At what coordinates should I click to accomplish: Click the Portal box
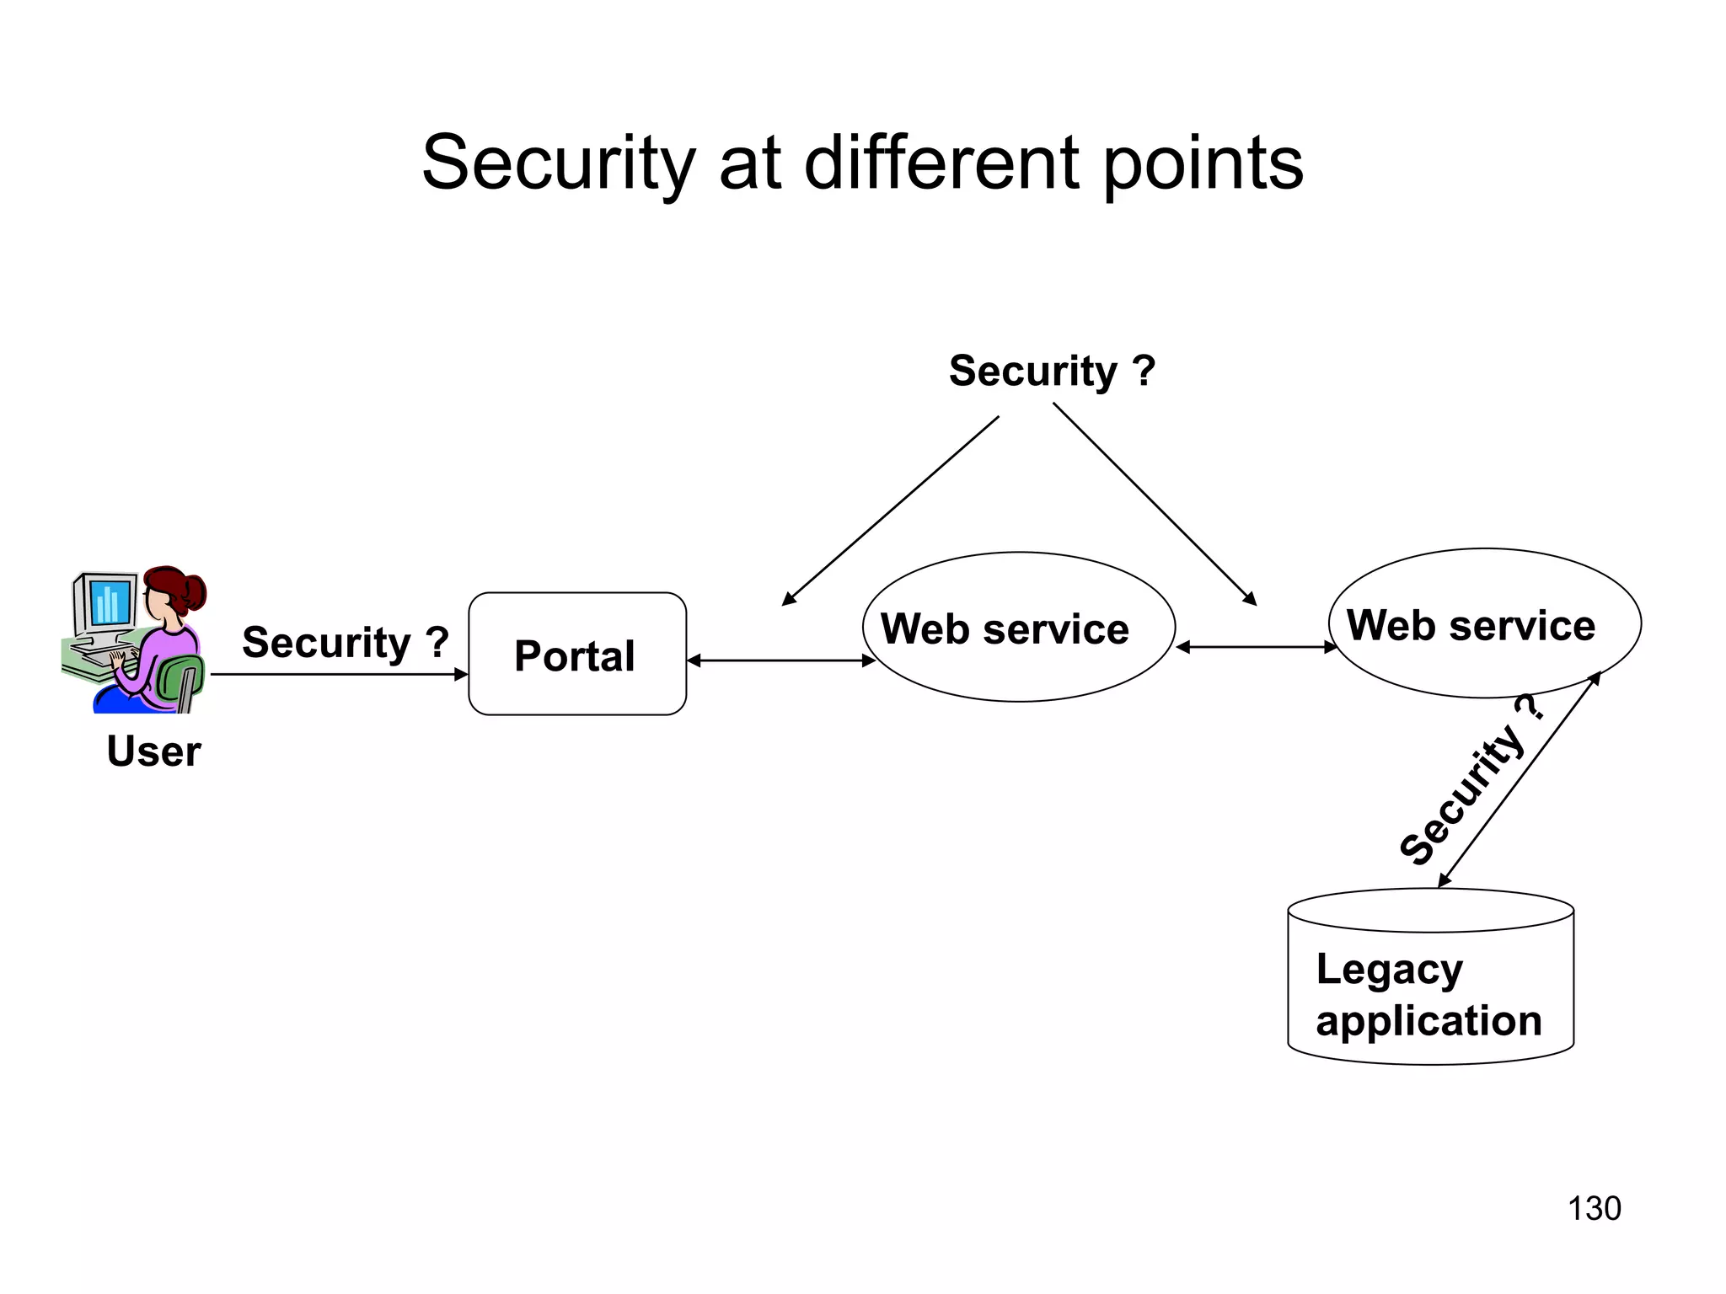(x=577, y=654)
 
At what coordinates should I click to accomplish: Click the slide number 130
(x=1594, y=1208)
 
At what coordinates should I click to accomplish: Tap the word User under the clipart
(x=153, y=751)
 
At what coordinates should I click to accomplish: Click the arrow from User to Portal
(x=337, y=674)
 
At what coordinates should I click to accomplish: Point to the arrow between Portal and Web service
(x=780, y=660)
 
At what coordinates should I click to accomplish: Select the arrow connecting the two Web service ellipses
(x=1256, y=647)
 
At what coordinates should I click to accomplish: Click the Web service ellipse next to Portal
(x=1018, y=628)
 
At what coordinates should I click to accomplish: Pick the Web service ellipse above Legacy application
(x=1484, y=623)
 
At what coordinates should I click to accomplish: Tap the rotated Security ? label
(x=1471, y=782)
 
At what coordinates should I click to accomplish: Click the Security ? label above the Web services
(x=1052, y=371)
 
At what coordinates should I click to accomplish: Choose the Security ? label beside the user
(x=345, y=642)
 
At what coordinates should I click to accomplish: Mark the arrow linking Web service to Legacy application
(x=1520, y=779)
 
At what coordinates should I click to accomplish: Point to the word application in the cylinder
(x=1429, y=1020)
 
